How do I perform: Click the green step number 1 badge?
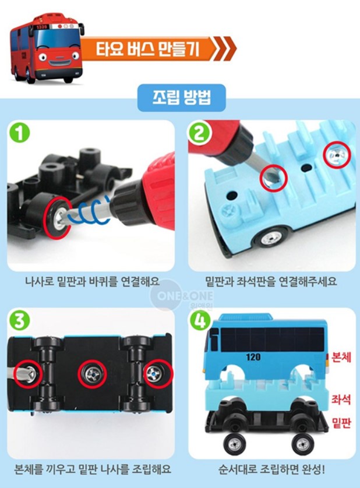tap(20, 133)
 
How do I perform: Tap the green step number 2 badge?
tap(200, 133)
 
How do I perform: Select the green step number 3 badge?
tap(20, 320)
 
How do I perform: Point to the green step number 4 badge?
tap(200, 320)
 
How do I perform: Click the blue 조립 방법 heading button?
tap(182, 98)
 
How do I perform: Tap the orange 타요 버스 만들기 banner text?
tap(147, 49)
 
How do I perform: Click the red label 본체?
tap(341, 357)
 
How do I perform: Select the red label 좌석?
tap(341, 399)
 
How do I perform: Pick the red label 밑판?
tap(341, 423)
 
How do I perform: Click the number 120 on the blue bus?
tap(253, 356)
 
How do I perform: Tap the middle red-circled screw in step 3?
tap(92, 374)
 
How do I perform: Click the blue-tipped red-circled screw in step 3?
tap(158, 374)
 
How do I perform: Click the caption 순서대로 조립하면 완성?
tap(271, 469)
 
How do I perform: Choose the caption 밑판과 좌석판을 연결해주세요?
tap(271, 281)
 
